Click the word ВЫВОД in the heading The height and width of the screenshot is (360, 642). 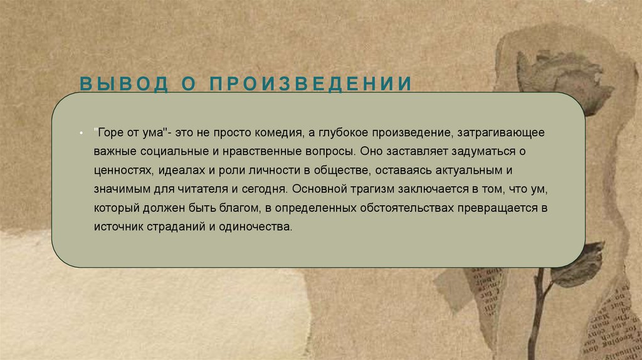click(x=125, y=84)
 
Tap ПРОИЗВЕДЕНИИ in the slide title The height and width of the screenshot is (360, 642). click(x=312, y=84)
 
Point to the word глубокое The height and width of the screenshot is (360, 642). click(x=340, y=133)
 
